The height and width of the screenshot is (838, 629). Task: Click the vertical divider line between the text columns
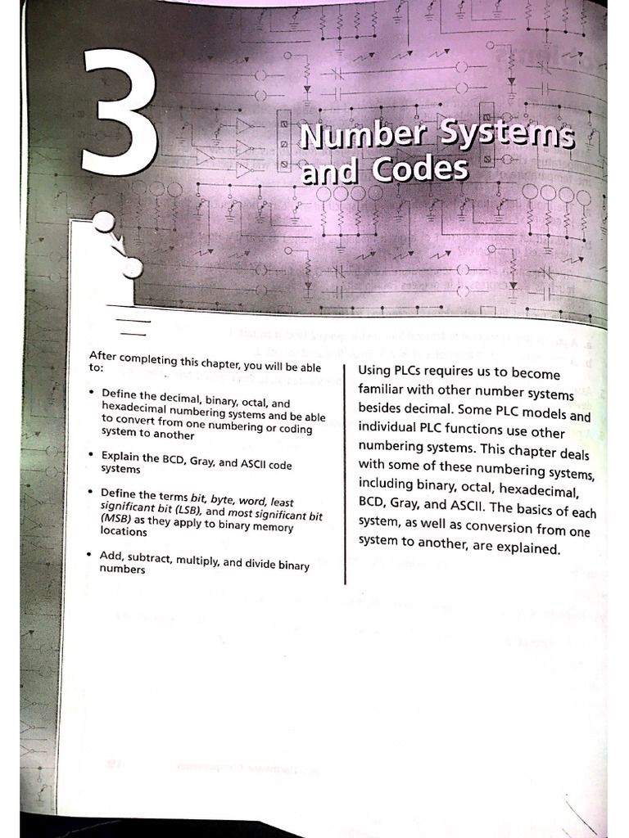coord(345,475)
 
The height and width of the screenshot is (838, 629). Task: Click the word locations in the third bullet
coord(124,531)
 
